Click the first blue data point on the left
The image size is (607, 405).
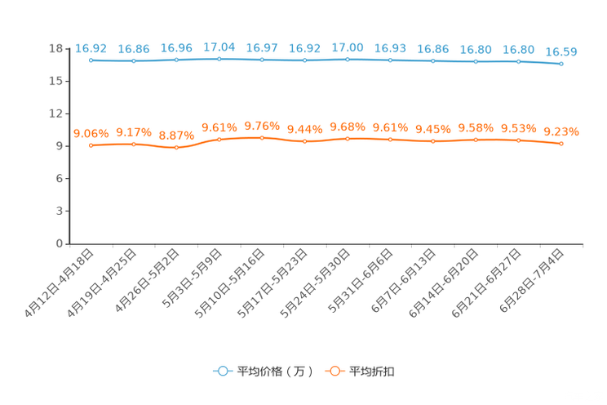point(91,60)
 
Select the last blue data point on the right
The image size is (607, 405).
point(561,64)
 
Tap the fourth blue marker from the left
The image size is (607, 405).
point(219,59)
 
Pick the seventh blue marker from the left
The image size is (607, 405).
point(348,59)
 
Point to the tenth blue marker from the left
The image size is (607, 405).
point(476,61)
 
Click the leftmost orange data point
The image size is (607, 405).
point(91,145)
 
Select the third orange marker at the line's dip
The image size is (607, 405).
point(176,148)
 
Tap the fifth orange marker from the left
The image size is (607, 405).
point(262,138)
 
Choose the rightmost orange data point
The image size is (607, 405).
point(561,144)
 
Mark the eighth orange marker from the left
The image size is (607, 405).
point(390,140)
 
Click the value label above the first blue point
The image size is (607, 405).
point(91,48)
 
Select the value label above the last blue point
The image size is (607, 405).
point(561,51)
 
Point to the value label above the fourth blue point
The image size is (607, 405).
point(219,47)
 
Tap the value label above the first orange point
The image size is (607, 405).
point(91,132)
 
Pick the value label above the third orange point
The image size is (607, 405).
point(176,136)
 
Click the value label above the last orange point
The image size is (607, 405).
point(561,131)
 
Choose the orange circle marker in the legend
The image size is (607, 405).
point(334,371)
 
